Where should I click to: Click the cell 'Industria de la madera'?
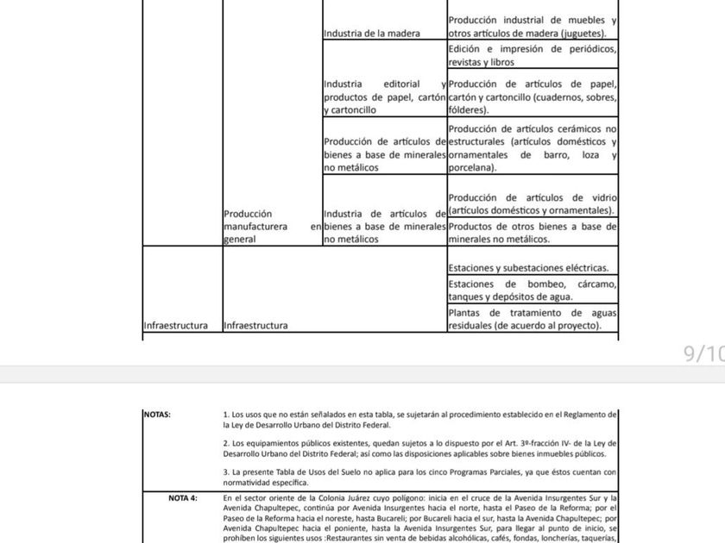click(x=371, y=34)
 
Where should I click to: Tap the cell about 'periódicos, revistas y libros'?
click(x=532, y=55)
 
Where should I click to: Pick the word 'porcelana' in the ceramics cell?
click(x=471, y=169)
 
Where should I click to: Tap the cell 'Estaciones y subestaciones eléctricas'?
click(x=533, y=268)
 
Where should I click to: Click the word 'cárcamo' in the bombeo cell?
click(x=596, y=284)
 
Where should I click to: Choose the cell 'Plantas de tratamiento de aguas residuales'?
click(x=532, y=319)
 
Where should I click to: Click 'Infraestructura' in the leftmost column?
click(x=175, y=326)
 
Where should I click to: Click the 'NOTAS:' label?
click(x=158, y=415)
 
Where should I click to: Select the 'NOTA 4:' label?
click(x=182, y=498)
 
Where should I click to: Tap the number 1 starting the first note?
click(x=225, y=415)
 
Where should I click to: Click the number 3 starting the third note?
click(x=225, y=471)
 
